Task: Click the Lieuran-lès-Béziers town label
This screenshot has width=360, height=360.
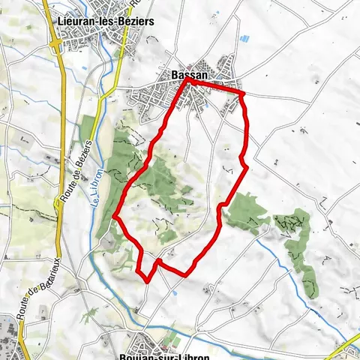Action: pos(106,22)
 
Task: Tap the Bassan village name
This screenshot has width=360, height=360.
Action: pos(184,76)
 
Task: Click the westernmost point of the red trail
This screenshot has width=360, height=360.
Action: pos(115,217)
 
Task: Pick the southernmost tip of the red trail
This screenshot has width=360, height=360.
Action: pos(147,282)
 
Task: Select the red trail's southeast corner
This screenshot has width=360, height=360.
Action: pos(185,274)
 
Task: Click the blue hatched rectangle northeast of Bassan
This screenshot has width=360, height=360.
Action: pos(244,37)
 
